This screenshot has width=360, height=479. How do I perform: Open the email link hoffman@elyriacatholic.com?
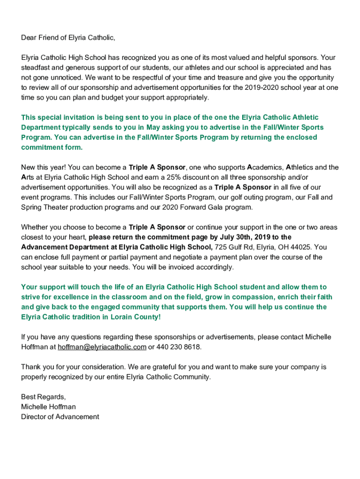(102, 347)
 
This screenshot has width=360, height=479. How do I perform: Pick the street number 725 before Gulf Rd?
(221, 247)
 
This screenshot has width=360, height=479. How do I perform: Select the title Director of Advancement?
(60, 417)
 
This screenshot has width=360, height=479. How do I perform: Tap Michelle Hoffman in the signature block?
(48, 407)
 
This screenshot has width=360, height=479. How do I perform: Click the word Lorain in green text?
(112, 317)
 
